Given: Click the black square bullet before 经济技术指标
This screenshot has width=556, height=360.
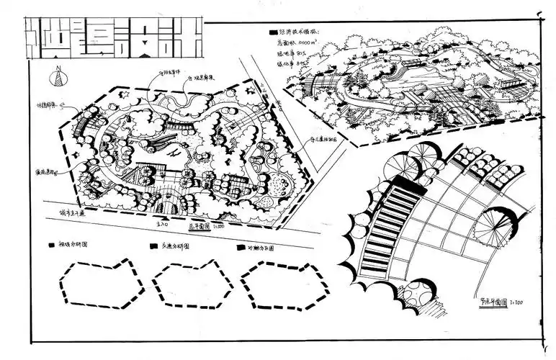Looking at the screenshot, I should tap(272, 33).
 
